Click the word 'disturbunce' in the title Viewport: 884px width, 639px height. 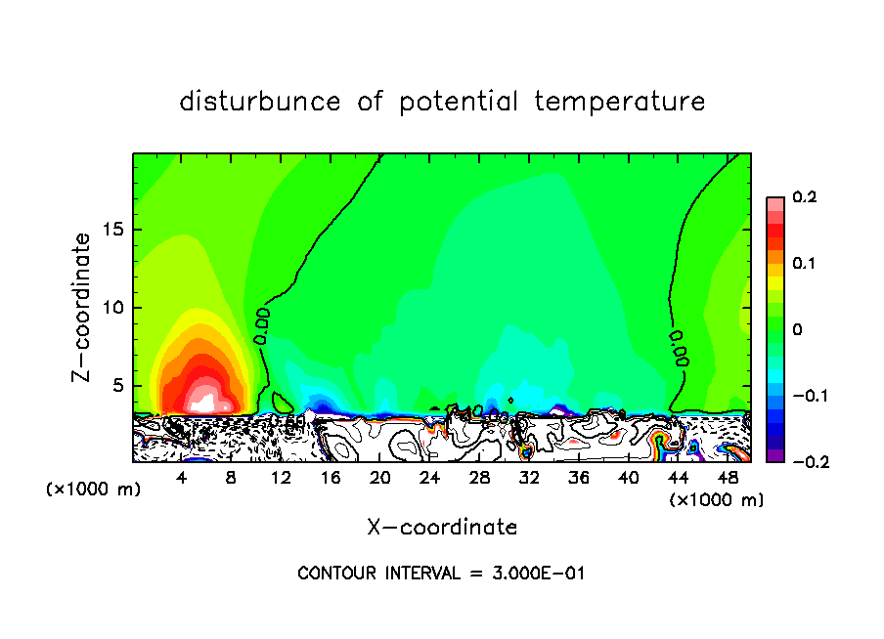(x=260, y=102)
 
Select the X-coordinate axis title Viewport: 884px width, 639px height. (x=442, y=528)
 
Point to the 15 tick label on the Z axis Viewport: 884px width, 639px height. (x=112, y=230)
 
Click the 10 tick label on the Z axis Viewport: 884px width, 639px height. (x=112, y=308)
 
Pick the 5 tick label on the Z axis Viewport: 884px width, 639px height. (x=117, y=385)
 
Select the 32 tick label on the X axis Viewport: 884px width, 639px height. (x=529, y=478)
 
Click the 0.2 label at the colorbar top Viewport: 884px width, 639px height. (x=804, y=197)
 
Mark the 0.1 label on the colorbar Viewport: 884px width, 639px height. (x=804, y=264)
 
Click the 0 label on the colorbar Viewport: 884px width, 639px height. (x=796, y=330)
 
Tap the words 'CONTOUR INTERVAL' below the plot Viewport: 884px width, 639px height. (x=377, y=574)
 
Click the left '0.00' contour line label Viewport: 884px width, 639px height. (x=261, y=325)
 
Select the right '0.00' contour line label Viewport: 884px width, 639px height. (x=679, y=348)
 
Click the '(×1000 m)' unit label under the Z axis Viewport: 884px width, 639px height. (x=93, y=490)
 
